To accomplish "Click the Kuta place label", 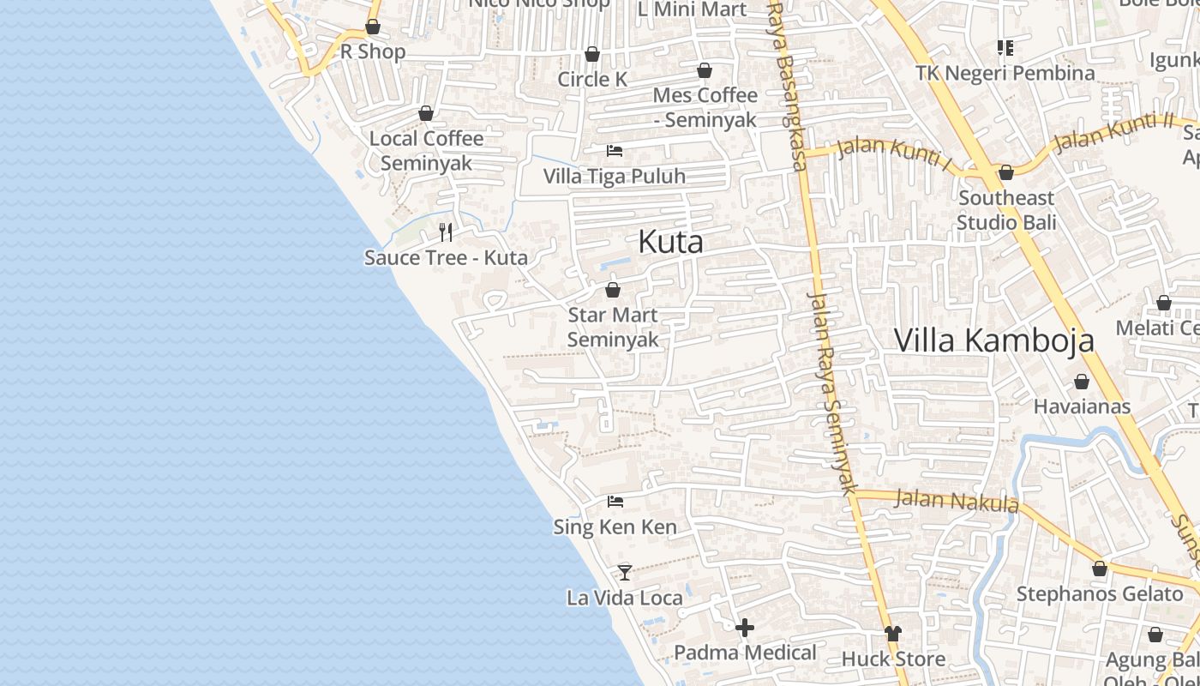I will [x=670, y=242].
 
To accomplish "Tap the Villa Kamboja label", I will [x=993, y=340].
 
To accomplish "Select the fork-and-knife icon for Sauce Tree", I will [x=446, y=232].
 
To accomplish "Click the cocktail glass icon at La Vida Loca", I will [x=625, y=572].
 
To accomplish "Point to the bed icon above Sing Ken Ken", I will [x=615, y=501].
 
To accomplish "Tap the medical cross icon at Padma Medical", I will [x=745, y=628].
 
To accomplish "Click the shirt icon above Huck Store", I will [x=893, y=634].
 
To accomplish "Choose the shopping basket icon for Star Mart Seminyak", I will [x=613, y=290].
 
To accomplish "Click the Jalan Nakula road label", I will [x=957, y=500].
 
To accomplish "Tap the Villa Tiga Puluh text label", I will [x=615, y=177].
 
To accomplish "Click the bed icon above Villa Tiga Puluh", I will [x=615, y=151].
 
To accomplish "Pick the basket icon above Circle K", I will [x=592, y=54].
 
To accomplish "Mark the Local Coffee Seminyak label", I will [x=426, y=150].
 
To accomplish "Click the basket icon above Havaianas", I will [x=1082, y=382].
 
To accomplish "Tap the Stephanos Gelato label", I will [x=1099, y=593].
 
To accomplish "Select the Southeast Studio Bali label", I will [x=1006, y=210].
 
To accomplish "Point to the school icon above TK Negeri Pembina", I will [x=1005, y=48].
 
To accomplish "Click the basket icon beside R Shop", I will [x=373, y=27].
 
